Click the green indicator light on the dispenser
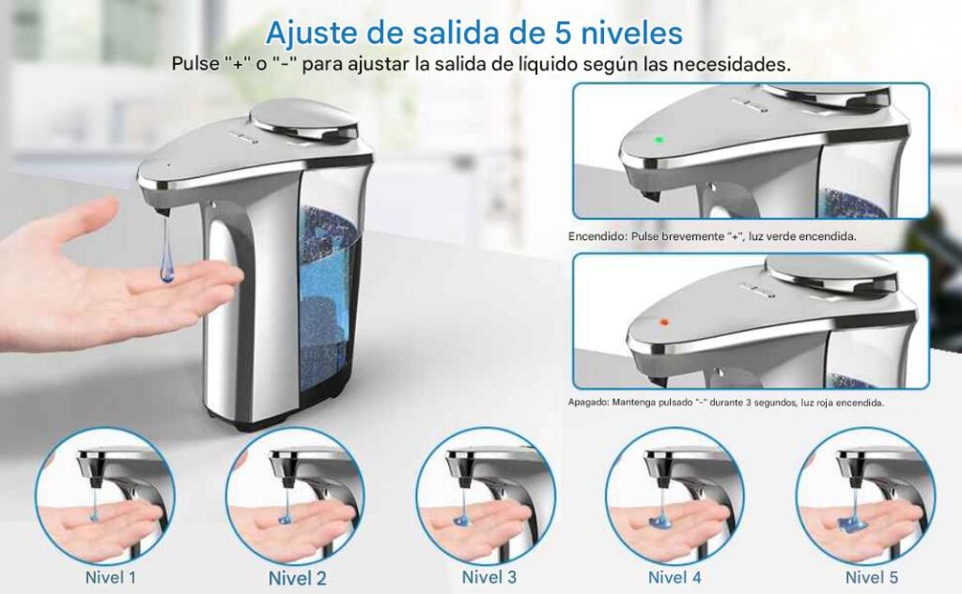click(659, 140)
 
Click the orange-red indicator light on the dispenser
click(662, 321)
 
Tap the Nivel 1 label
click(111, 577)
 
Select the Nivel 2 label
click(297, 578)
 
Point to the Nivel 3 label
click(489, 577)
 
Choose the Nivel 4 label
click(675, 577)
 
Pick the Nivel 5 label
click(871, 577)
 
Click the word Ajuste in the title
click(311, 33)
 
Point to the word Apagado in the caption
click(587, 403)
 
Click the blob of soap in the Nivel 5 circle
click(856, 523)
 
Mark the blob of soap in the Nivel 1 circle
click(95, 519)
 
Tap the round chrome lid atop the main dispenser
click(305, 119)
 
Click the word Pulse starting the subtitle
click(195, 64)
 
